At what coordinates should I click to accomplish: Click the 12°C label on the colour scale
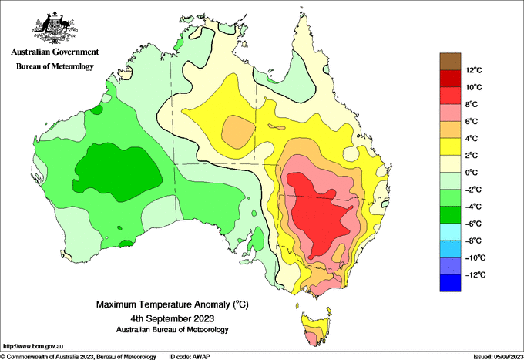click(x=474, y=70)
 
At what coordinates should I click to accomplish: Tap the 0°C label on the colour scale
click(x=472, y=173)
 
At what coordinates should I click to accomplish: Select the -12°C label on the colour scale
click(x=475, y=274)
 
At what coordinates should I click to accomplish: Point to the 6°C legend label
click(x=472, y=121)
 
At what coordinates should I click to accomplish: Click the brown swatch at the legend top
click(x=450, y=62)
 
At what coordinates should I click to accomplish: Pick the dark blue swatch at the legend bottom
click(x=450, y=283)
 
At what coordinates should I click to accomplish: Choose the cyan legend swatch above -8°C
click(x=450, y=232)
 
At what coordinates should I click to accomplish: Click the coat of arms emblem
click(x=55, y=28)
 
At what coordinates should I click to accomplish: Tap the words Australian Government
click(x=55, y=52)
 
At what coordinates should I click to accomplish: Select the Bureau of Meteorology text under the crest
click(x=55, y=66)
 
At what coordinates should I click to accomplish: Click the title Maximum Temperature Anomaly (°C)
click(x=173, y=304)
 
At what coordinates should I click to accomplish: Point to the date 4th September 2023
click(x=173, y=318)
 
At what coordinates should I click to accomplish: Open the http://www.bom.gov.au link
click(x=33, y=346)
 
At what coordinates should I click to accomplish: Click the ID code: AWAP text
click(x=190, y=357)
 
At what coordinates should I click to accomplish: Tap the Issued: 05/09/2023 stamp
click(x=498, y=357)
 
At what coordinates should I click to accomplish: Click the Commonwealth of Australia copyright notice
click(x=78, y=357)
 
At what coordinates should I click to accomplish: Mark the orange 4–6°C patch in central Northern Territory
click(x=237, y=132)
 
